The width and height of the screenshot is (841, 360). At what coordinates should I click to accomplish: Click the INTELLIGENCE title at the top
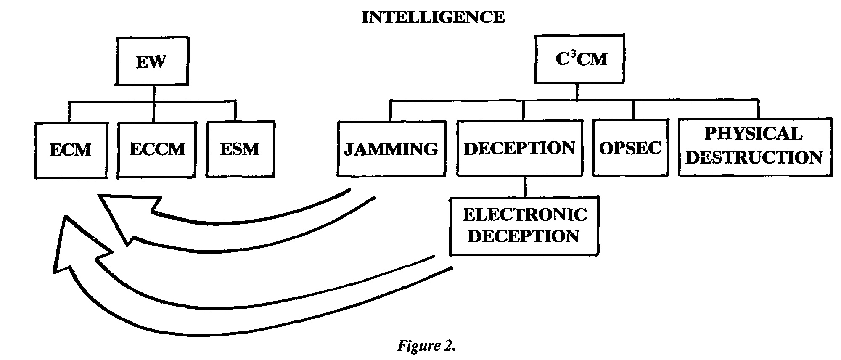point(433,17)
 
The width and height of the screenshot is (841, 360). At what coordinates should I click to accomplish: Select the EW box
point(152,61)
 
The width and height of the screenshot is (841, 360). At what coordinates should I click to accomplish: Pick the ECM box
point(71,150)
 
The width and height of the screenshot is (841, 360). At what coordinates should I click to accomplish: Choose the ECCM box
point(157,149)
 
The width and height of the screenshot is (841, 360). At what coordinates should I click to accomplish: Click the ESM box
point(240,149)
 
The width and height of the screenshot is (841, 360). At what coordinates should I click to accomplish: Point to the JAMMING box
point(391,149)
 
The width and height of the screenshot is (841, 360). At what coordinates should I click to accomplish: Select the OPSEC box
point(630,148)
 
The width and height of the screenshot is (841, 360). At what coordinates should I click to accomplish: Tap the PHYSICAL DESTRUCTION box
point(755,146)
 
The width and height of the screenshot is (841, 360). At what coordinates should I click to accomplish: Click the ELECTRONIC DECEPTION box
point(524,225)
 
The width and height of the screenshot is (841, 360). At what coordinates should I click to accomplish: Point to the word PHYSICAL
point(754,134)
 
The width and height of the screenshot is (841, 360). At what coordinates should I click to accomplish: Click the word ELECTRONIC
point(525,215)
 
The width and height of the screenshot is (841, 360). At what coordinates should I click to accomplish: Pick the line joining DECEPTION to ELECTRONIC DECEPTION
point(524,187)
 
